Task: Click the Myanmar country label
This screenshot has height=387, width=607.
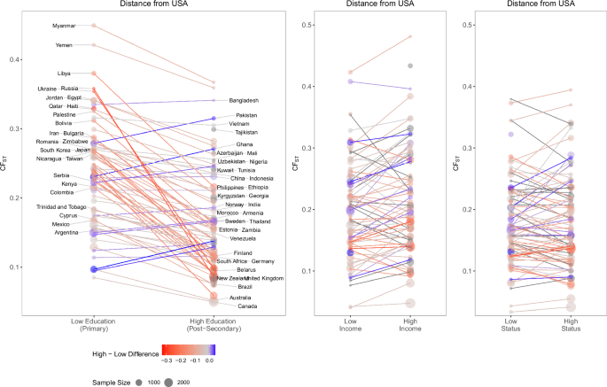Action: [x=64, y=27]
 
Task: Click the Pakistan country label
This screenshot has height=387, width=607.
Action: [x=246, y=115]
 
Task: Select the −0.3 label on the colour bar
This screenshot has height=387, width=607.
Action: [x=167, y=361]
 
